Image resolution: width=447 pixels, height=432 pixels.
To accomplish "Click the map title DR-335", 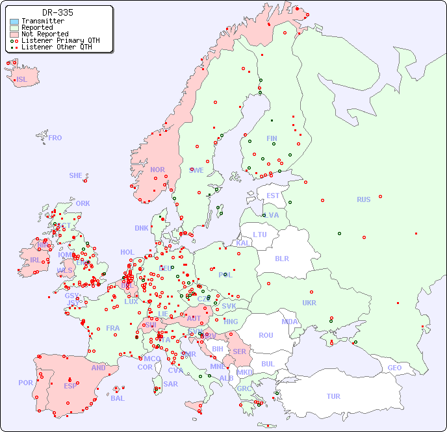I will point(58,12).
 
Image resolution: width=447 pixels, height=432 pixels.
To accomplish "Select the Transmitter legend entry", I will point(42,21).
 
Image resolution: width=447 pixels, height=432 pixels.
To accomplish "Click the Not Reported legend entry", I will point(44,34).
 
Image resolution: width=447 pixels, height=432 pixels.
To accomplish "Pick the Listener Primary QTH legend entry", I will point(60,40).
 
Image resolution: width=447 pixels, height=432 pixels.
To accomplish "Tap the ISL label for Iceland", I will point(22,80).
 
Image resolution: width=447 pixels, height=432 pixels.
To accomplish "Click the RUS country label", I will point(363,199).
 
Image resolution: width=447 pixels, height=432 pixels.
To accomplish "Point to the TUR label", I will point(333,396).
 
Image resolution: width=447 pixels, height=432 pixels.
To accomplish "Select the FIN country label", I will point(272,138).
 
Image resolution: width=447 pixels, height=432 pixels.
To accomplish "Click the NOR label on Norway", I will point(157,170).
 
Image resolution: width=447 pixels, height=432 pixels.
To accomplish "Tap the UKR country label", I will point(309,303).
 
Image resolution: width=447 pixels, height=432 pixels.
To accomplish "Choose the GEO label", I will point(394,368).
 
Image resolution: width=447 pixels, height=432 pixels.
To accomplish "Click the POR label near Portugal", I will point(25,383).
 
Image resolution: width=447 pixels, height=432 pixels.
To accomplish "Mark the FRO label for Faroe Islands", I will point(55,138).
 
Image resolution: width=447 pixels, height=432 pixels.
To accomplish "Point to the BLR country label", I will point(281,258).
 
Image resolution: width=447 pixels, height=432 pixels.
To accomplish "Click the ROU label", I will point(266,335).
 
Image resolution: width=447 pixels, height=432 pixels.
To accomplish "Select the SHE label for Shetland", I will point(76,175).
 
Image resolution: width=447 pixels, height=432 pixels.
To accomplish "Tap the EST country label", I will point(273,196).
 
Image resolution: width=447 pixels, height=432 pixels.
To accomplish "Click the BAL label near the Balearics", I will point(117,398).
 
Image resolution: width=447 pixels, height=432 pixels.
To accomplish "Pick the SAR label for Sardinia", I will point(170,384).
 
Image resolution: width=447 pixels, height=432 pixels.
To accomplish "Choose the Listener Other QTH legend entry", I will point(60,47).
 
